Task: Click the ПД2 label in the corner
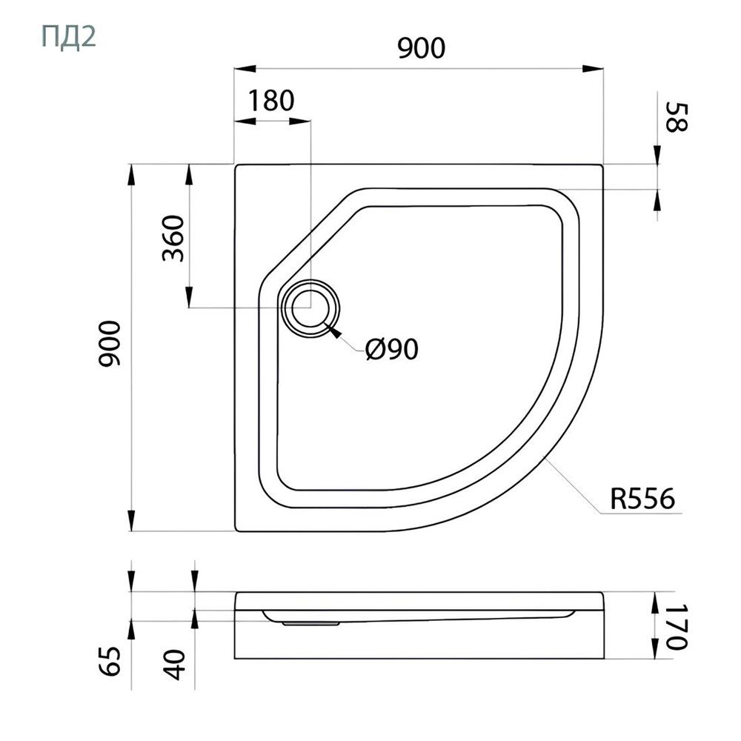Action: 69,37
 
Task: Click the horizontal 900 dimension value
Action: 421,47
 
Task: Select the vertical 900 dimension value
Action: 110,344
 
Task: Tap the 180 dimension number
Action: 271,100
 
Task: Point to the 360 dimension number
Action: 173,238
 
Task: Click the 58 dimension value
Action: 677,118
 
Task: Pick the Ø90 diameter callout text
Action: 392,350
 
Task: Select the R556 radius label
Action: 642,499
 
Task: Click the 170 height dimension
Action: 677,627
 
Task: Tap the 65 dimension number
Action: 110,661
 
